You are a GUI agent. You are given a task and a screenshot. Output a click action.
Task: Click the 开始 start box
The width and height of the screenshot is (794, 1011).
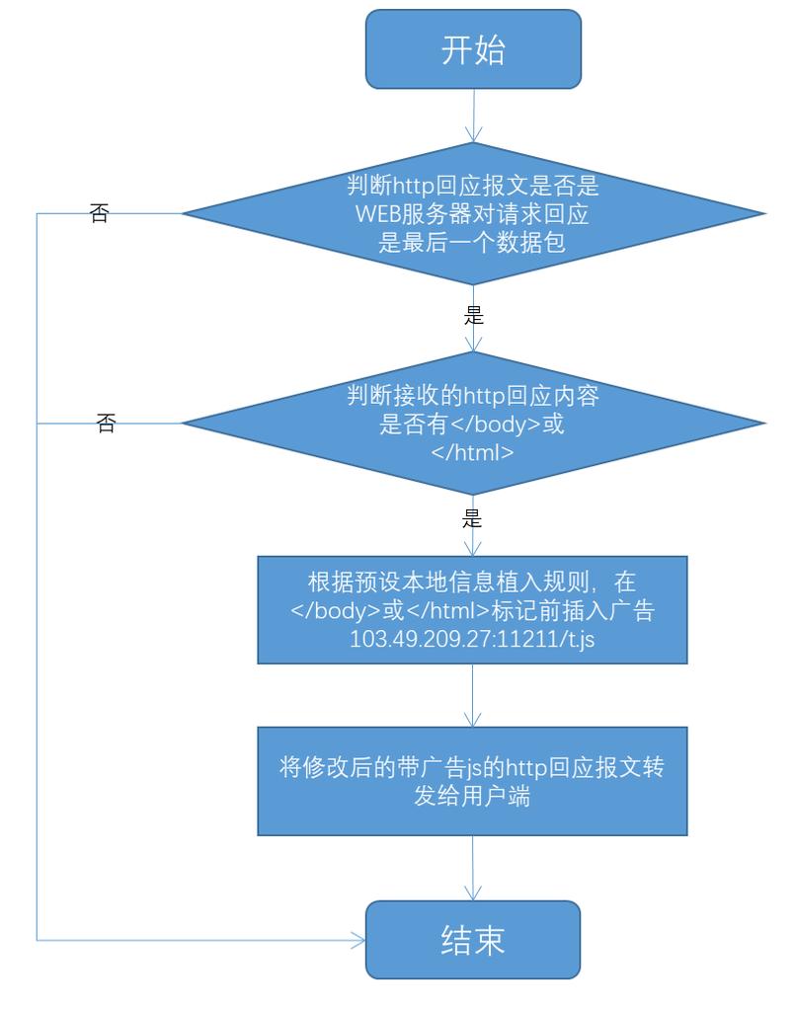coord(473,49)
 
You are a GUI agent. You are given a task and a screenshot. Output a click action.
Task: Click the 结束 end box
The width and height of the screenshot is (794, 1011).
coord(473,939)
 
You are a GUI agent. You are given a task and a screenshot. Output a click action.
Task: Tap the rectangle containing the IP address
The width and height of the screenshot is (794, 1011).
coord(473,610)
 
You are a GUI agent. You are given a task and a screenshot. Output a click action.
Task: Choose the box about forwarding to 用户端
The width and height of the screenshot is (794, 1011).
coord(473,782)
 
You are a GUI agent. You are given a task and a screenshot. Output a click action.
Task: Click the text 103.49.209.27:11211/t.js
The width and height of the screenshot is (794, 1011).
coord(472,639)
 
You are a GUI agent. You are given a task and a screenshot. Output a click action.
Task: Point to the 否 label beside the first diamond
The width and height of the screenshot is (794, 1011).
coord(99,214)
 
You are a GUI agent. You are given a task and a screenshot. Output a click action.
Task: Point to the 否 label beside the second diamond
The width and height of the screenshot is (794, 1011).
coord(106,425)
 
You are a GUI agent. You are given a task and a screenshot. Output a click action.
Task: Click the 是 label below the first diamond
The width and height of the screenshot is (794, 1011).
coord(473,317)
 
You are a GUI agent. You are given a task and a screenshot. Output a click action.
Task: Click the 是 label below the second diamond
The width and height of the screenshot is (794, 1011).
coord(473,518)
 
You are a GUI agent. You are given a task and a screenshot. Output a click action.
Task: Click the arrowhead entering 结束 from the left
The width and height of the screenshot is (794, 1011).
coord(358,940)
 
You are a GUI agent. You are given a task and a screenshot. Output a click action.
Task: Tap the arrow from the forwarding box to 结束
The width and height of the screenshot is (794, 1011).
coord(474,869)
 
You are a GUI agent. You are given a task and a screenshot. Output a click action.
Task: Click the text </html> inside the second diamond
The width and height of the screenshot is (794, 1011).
coord(473,453)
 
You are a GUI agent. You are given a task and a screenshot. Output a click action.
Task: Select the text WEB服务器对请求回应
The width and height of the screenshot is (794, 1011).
coord(473,213)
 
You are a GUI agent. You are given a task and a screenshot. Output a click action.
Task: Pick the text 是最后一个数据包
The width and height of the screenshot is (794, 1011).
coord(473,242)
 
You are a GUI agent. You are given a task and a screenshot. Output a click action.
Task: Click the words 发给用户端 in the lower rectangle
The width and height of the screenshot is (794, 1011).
coord(472,797)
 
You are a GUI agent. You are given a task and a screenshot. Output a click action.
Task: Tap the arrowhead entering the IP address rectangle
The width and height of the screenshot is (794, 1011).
coord(474,550)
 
